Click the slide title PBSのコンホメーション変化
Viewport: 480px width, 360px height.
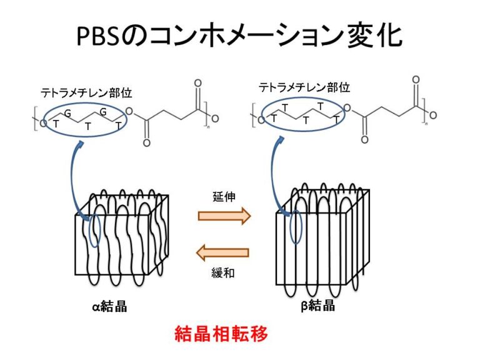tap(240, 36)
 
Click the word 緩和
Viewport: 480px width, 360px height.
tap(223, 273)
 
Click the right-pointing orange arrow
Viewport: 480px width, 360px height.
tap(224, 216)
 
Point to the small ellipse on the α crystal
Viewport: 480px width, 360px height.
tap(94, 231)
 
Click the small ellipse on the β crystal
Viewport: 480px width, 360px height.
tap(296, 227)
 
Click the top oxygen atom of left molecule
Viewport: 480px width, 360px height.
tap(198, 83)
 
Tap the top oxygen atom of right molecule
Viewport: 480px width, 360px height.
tap(416, 79)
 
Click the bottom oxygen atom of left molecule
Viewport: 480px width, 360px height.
tap(146, 143)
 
